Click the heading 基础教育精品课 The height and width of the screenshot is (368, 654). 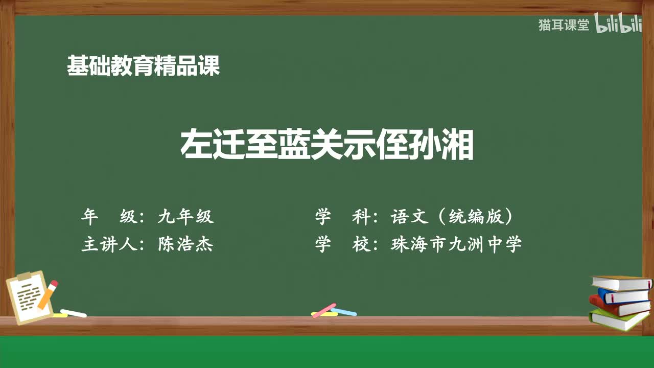[143, 66]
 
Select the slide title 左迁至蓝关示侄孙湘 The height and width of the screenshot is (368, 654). [327, 145]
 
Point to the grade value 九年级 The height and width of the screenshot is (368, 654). [185, 217]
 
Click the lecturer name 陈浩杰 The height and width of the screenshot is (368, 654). [185, 245]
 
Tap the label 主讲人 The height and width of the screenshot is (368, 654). [109, 245]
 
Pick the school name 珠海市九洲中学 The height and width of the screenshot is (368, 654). [456, 245]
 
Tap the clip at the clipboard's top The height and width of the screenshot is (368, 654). [24, 276]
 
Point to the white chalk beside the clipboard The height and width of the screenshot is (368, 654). [74, 313]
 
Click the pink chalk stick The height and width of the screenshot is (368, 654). [323, 310]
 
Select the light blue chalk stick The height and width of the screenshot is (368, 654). [344, 311]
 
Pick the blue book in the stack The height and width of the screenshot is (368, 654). [623, 295]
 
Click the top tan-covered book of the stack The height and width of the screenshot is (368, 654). [621, 283]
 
